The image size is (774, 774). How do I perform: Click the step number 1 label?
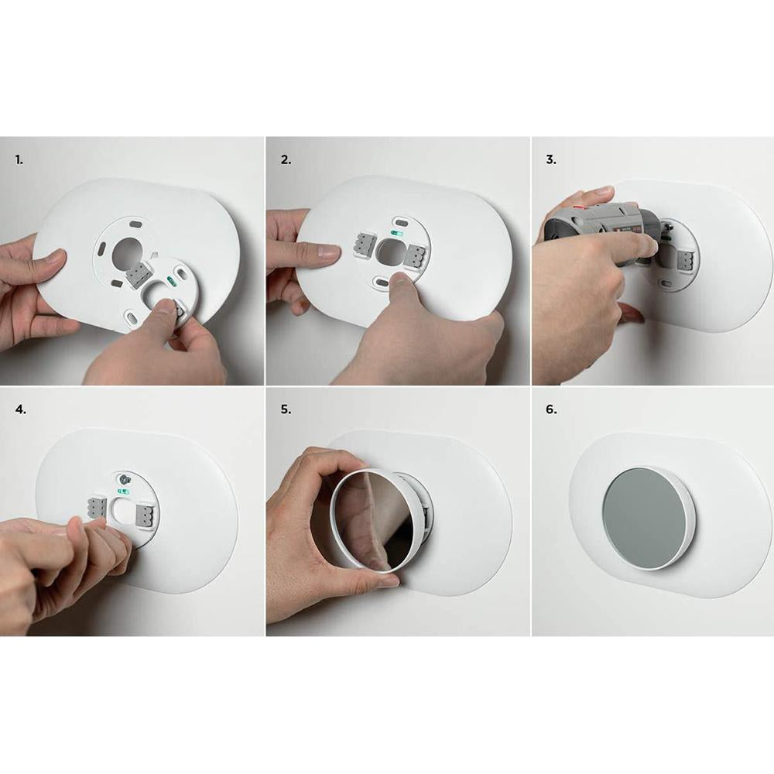tap(19, 160)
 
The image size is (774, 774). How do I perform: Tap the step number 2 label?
tap(286, 160)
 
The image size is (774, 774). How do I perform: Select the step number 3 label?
tap(551, 160)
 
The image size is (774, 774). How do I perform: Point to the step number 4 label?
tap(20, 409)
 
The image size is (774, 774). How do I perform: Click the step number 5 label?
tap(286, 409)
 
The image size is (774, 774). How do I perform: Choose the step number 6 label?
tap(551, 409)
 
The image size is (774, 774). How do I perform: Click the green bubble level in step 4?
tap(123, 491)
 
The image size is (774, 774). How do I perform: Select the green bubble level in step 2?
tap(397, 232)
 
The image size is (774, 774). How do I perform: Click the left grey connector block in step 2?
tap(365, 243)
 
